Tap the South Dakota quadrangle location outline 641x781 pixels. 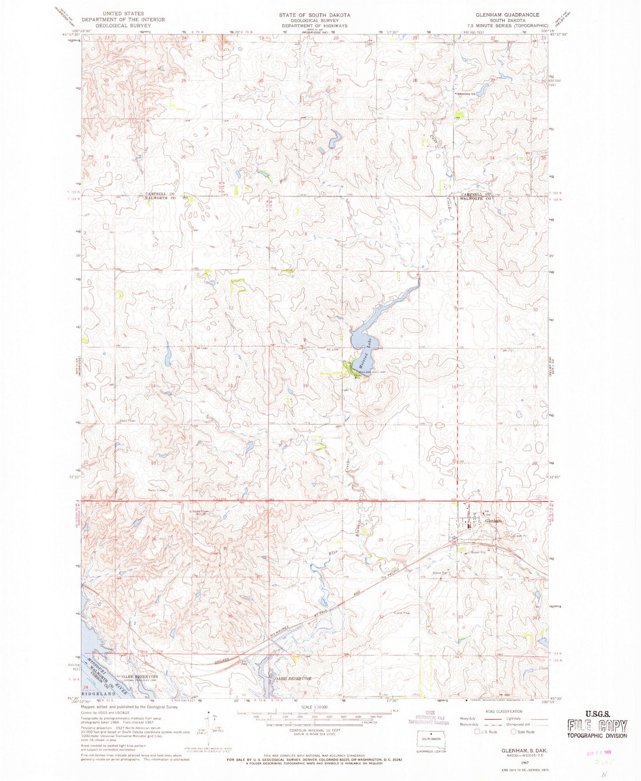(x=430, y=739)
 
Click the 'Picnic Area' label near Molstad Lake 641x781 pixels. (x=357, y=376)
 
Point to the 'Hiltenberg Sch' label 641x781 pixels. (x=470, y=94)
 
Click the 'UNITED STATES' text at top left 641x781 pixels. (x=123, y=14)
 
